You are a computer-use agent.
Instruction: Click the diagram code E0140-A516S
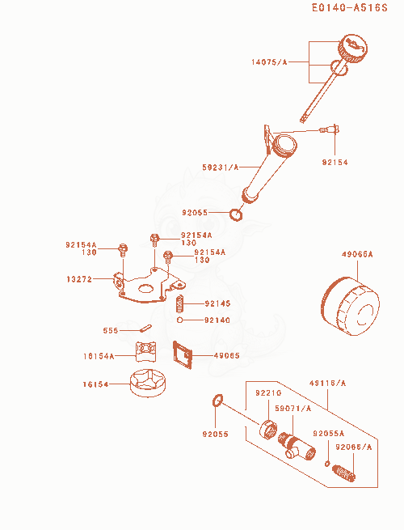coord(350,7)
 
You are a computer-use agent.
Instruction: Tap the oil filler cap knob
coord(353,49)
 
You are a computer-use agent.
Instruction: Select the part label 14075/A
coord(269,61)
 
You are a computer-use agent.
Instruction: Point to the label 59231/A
coord(221,167)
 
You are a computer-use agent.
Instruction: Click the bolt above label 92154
coord(330,129)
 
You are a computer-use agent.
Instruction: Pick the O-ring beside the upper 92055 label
coord(236,214)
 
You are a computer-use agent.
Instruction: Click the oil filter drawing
coord(350,306)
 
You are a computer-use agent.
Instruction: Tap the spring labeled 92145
coord(180,304)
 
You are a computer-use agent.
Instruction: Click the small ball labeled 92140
coord(180,320)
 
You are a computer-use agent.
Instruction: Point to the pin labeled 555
coord(145,328)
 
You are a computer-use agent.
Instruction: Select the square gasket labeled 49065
coord(183,355)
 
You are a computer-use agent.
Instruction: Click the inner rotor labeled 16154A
coord(145,351)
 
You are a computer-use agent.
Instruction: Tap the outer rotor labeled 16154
coord(148,383)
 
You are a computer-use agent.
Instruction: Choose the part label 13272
coord(79,279)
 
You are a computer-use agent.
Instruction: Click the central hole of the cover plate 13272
coord(146,288)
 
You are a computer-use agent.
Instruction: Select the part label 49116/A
coord(328,383)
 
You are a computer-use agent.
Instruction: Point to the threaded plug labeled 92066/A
coord(343,473)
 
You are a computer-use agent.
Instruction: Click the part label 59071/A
coord(293,409)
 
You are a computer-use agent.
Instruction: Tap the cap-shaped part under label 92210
coord(268,430)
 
